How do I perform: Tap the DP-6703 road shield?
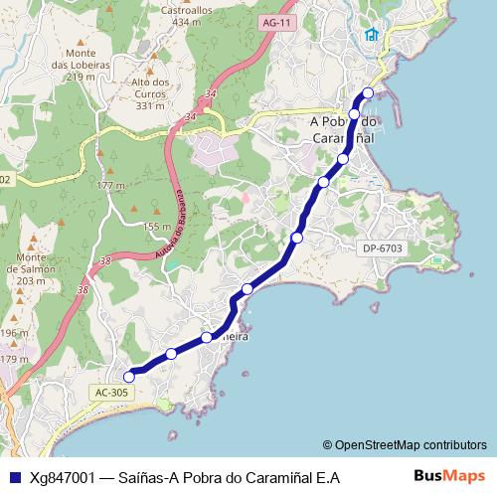382,248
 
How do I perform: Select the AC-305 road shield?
111,393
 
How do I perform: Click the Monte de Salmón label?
32,268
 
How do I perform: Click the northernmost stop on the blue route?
368,93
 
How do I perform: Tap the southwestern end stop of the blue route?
128,376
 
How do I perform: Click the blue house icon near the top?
372,36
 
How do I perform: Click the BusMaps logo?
449,476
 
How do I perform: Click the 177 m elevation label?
111,186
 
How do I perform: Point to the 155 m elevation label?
157,227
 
